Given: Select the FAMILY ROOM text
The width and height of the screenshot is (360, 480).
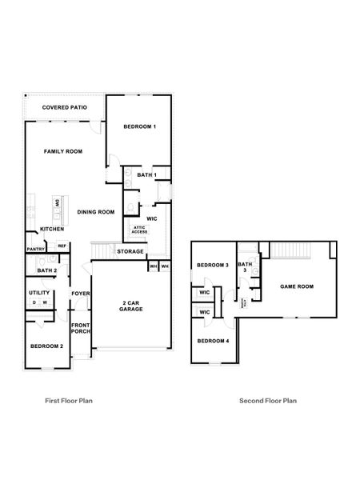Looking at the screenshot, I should click(x=62, y=150).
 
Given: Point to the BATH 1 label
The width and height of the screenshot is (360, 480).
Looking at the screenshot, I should click(x=146, y=174).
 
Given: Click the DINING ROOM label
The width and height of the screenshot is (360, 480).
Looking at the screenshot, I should click(x=96, y=212).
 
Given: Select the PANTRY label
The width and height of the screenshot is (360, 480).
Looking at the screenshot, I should click(x=35, y=249).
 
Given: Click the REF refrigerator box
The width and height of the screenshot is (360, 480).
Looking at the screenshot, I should click(x=61, y=246).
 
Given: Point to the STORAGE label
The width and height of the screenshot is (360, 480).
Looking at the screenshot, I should click(x=130, y=252).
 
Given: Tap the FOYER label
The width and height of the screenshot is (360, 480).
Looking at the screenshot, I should click(x=80, y=294).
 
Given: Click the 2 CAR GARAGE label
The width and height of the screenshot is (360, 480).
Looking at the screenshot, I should click(x=132, y=306).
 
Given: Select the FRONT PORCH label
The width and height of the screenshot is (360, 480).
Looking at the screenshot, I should click(x=80, y=329).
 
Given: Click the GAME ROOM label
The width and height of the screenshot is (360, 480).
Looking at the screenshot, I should click(x=296, y=286).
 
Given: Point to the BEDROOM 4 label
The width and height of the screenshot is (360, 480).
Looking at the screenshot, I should click(x=214, y=342).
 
